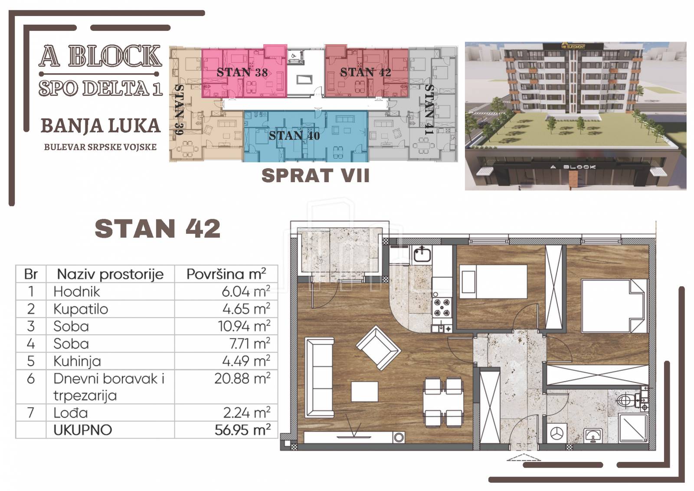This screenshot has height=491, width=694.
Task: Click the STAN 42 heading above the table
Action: click(157, 229)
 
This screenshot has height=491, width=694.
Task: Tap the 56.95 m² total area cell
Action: click(242, 430)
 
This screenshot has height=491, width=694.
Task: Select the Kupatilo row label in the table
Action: click(81, 309)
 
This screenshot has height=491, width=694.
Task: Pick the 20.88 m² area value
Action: click(242, 378)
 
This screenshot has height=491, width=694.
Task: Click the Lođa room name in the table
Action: click(71, 412)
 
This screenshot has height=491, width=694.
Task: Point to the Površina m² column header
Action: click(226, 274)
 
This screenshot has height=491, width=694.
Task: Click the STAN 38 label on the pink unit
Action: click(242, 72)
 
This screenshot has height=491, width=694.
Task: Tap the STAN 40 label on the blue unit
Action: click(294, 136)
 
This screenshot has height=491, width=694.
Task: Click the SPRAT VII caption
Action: click(315, 176)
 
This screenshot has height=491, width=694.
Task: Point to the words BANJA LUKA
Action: click(101, 126)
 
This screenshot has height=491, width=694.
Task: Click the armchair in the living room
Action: click(379, 348)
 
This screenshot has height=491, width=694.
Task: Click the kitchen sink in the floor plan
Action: click(422, 254)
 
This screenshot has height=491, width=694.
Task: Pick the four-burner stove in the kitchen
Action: click(442, 307)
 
